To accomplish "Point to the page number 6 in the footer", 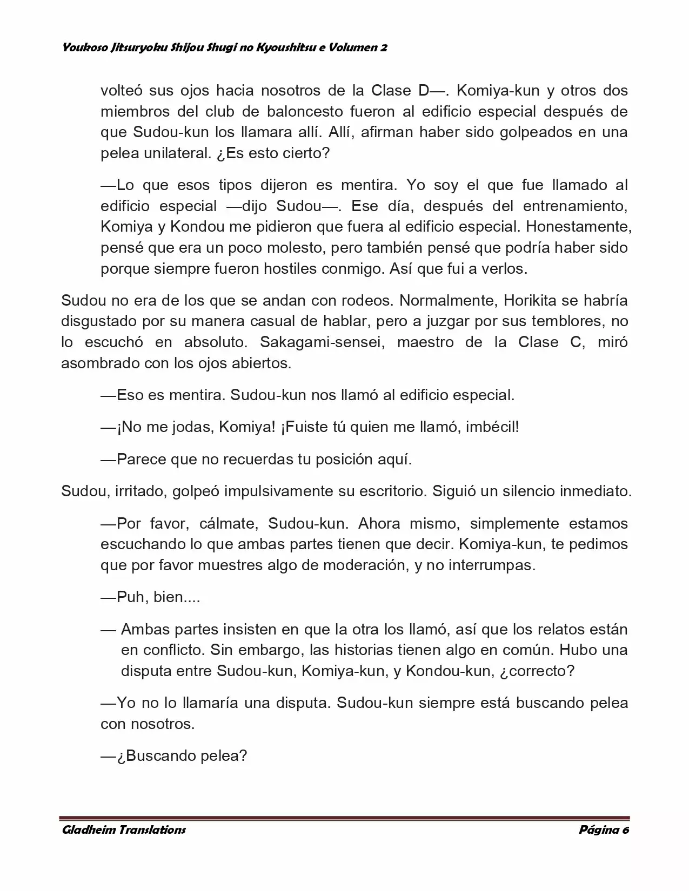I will (625, 829).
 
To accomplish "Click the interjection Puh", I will (130, 597).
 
